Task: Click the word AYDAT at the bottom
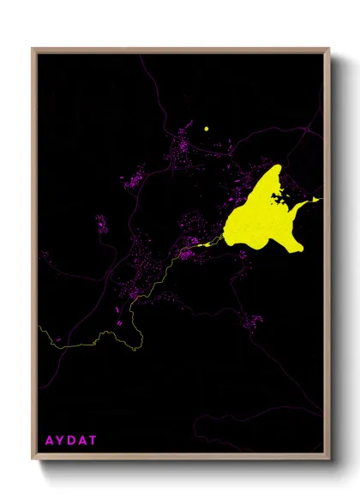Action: pos(71,441)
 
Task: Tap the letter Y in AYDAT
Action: pos(60,441)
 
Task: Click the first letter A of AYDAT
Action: pos(49,441)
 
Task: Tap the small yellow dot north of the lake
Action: pos(207,129)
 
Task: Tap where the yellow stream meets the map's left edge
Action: pos(39,327)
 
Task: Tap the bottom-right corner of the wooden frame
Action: pos(329,457)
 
